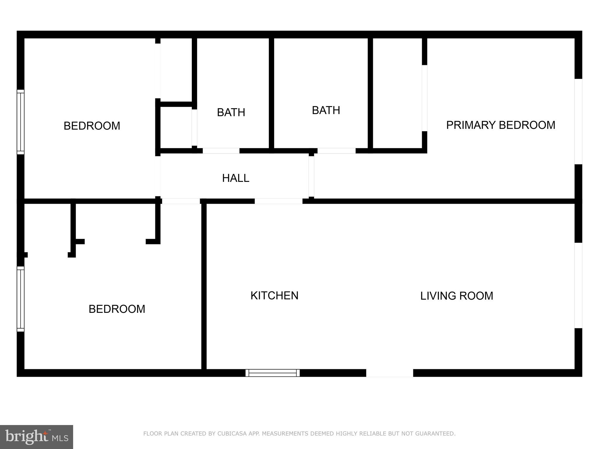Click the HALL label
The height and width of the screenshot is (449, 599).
pyautogui.click(x=235, y=178)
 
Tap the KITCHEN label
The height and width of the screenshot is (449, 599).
pyautogui.click(x=274, y=296)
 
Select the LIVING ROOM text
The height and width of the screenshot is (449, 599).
pyautogui.click(x=457, y=296)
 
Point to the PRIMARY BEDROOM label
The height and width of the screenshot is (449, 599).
pyautogui.click(x=500, y=125)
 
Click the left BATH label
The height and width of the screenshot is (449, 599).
pyautogui.click(x=231, y=112)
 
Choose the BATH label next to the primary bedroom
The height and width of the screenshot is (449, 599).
pyautogui.click(x=326, y=110)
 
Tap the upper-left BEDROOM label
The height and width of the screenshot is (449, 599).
pyautogui.click(x=92, y=126)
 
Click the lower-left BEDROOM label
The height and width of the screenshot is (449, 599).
pyautogui.click(x=117, y=309)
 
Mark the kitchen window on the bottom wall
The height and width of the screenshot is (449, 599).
pyautogui.click(x=273, y=373)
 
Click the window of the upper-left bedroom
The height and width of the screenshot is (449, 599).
pyautogui.click(x=20, y=122)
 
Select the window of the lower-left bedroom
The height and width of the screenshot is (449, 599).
pyautogui.click(x=20, y=299)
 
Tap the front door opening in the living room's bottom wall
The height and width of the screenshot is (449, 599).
pyautogui.click(x=390, y=373)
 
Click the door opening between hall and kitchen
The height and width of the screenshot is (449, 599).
pyautogui.click(x=278, y=201)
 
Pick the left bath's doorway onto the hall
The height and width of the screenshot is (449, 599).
pyautogui.click(x=221, y=151)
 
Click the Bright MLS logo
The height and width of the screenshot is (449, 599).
pyautogui.click(x=37, y=437)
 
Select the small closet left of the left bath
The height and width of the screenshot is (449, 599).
pyautogui.click(x=176, y=127)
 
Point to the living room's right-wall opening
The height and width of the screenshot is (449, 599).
pyautogui.click(x=578, y=285)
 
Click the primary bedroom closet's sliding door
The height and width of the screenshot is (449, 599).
pyautogui.click(x=424, y=98)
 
